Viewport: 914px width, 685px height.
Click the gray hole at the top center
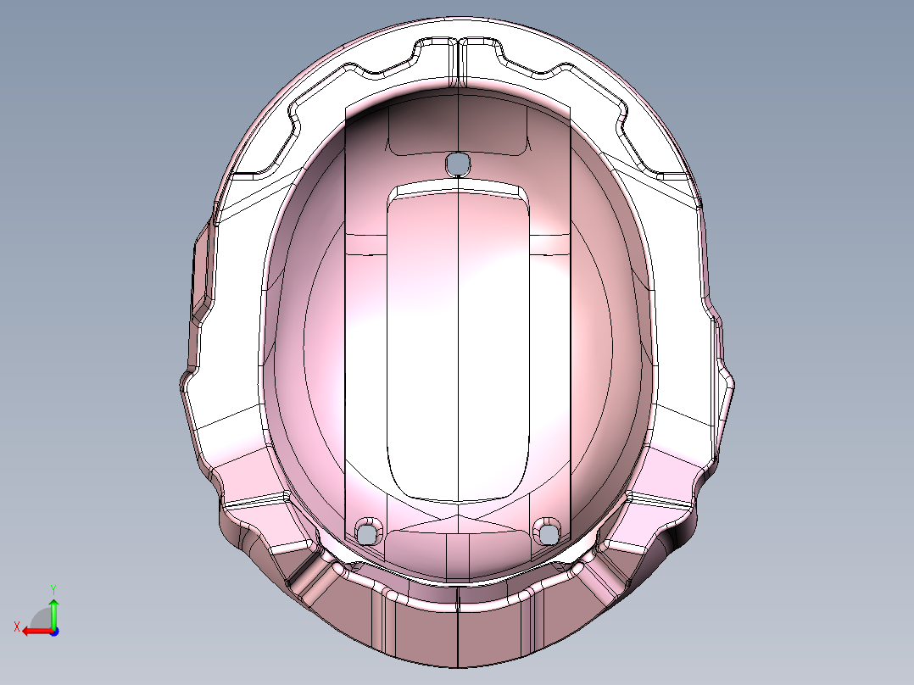pos(457,163)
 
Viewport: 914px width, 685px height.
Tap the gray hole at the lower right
pos(549,532)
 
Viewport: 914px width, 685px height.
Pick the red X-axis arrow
pos(34,631)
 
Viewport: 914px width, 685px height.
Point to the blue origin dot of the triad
pos(53,631)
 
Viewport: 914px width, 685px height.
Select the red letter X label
pos(17,627)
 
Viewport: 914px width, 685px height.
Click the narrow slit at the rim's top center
pos(458,61)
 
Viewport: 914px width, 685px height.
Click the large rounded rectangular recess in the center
pos(458,339)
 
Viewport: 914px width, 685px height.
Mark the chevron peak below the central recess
pos(458,515)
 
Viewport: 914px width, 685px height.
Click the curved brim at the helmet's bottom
pos(458,627)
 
